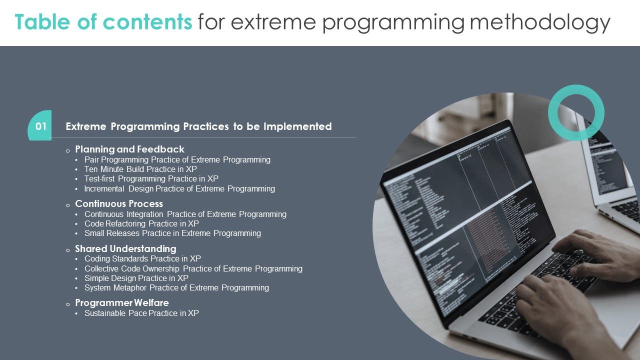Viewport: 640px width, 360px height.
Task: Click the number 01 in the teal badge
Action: (41, 126)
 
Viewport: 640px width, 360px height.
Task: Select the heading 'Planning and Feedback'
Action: (129, 149)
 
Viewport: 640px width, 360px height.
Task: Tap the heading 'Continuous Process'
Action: (119, 203)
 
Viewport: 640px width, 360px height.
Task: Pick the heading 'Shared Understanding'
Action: (125, 248)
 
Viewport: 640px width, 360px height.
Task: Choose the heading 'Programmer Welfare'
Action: (122, 302)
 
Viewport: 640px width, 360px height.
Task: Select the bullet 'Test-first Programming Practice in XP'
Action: (151, 179)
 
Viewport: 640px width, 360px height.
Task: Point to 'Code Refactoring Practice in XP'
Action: (141, 223)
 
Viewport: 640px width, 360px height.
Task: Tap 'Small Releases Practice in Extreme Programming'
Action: (172, 233)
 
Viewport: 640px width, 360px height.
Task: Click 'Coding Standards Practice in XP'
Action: (142, 259)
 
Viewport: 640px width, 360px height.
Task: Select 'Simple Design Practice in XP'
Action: (136, 278)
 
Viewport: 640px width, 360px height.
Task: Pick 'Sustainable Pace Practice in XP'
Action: (141, 313)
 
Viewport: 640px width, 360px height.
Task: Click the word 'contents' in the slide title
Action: (147, 22)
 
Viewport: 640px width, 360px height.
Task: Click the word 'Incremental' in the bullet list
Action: (104, 189)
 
